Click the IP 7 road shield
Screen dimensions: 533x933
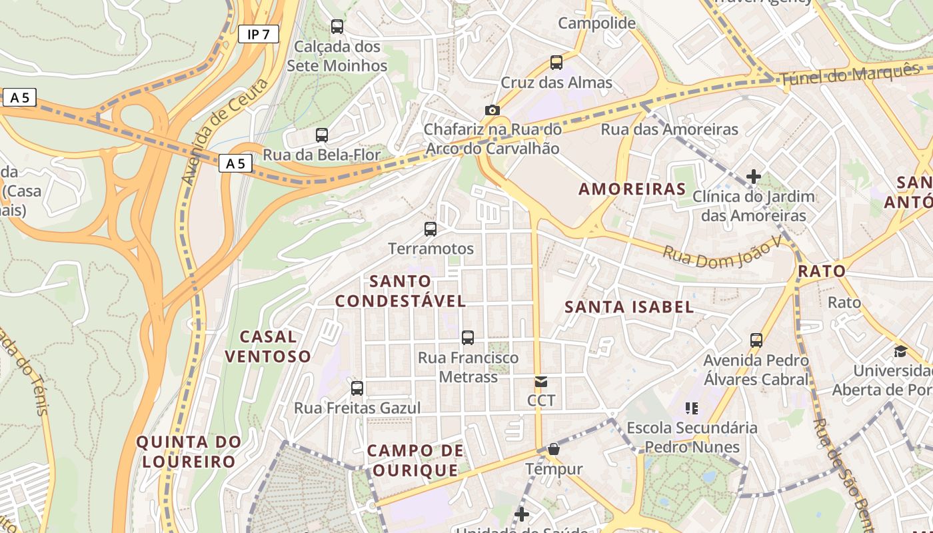point(258,35)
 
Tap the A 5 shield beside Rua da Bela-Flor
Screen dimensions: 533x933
point(235,163)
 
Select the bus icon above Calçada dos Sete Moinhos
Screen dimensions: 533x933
point(337,27)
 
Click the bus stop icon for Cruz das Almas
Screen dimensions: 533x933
point(556,63)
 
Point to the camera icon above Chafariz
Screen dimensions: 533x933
point(492,110)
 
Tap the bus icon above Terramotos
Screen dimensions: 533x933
point(431,229)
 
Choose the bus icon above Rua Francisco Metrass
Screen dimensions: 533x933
point(468,338)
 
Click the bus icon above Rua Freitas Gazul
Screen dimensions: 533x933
point(357,388)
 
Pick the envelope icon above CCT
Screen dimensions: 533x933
point(541,382)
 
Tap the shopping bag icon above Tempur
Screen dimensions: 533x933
point(553,450)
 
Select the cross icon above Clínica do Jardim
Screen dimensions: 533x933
point(754,177)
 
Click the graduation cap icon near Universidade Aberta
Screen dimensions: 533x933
point(900,351)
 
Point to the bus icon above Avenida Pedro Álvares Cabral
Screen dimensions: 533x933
point(756,340)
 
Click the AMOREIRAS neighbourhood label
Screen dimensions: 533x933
point(632,189)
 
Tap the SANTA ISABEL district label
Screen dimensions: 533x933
point(629,307)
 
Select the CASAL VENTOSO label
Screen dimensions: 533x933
point(268,346)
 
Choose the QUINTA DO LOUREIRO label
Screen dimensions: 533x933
point(189,452)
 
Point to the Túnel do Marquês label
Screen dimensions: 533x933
point(849,74)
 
